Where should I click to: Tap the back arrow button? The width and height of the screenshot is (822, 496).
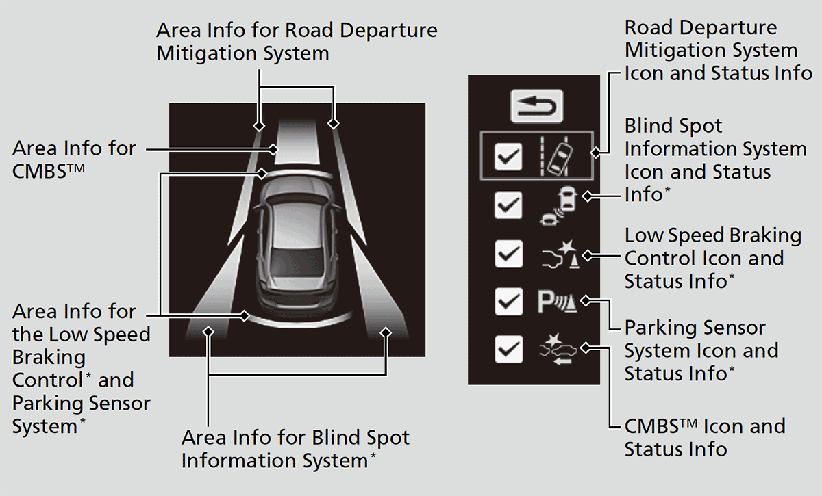coord(536,106)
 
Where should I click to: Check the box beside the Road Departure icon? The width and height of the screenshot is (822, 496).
coord(508,157)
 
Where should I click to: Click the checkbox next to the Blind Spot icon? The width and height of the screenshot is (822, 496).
coord(508,205)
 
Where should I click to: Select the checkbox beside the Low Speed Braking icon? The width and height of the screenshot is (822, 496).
coord(508,254)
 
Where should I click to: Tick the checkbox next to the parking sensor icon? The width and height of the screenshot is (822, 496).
coord(508,302)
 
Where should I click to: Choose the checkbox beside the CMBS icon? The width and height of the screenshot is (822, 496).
coord(508,350)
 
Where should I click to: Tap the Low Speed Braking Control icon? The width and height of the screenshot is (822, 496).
coord(560,254)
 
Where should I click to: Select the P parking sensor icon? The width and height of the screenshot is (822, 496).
coord(558,302)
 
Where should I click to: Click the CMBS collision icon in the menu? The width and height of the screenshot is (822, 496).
coord(558,350)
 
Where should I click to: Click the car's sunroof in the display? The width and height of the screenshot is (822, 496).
coord(297,261)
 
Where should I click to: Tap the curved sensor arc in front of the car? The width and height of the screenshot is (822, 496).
coord(298,173)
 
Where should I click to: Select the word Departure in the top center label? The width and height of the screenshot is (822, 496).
coord(388,30)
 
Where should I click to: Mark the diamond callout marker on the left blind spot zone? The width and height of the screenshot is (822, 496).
coord(208,332)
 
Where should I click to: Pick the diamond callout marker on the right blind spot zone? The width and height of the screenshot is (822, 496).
coord(386,333)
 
